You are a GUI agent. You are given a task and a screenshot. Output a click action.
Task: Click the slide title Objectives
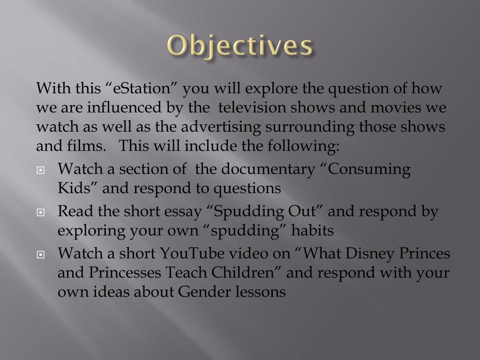(240, 46)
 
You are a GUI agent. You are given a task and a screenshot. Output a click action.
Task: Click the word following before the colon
(309, 146)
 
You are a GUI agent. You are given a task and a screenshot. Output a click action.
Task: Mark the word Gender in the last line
(201, 292)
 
